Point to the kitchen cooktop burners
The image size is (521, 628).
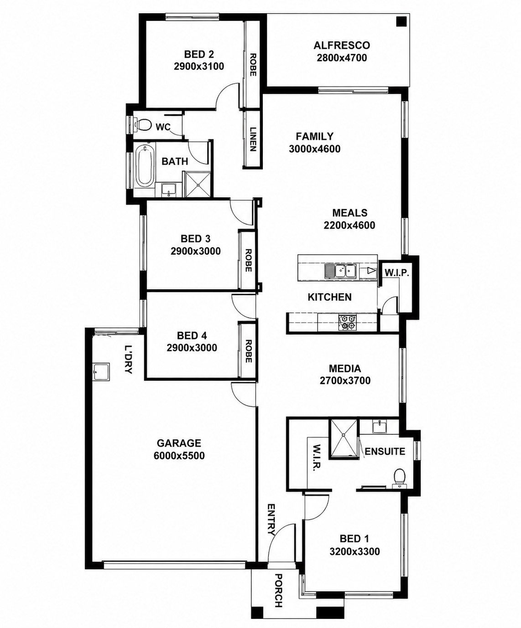(348, 321)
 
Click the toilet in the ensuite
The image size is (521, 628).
(399, 479)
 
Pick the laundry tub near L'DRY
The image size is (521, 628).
(101, 372)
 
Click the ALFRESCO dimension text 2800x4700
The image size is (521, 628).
(342, 58)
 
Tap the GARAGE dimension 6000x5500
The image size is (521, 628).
(179, 456)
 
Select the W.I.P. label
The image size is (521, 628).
(396, 273)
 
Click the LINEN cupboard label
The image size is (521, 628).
(253, 139)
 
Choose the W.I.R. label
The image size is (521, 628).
(317, 458)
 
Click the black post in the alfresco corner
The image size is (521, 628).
(401, 22)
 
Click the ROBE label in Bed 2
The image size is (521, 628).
(253, 65)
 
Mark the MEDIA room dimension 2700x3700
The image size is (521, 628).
(345, 381)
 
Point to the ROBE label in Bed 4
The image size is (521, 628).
(249, 351)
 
